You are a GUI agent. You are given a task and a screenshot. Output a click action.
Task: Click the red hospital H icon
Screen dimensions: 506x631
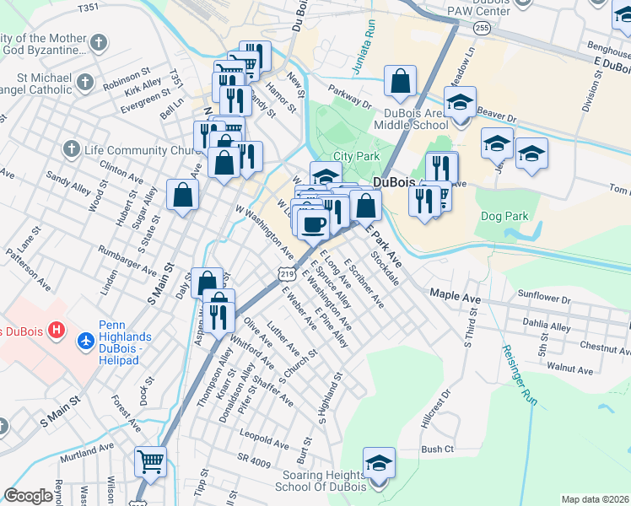pyautogui.click(x=57, y=329)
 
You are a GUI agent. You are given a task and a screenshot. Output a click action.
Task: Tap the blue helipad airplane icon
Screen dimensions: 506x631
pyautogui.click(x=84, y=342)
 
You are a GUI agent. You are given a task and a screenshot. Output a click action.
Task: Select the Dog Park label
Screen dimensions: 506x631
pyautogui.click(x=504, y=216)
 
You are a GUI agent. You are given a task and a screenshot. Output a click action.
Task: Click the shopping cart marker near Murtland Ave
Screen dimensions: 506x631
pyautogui.click(x=151, y=461)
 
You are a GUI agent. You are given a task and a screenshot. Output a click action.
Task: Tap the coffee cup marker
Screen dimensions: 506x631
pyautogui.click(x=314, y=224)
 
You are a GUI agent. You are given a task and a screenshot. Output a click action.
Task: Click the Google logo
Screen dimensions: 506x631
pyautogui.click(x=29, y=496)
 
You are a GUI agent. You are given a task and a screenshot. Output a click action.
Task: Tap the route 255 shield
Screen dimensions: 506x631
pyautogui.click(x=482, y=29)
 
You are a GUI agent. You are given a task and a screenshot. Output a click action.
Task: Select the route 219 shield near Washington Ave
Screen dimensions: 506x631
pyautogui.click(x=287, y=275)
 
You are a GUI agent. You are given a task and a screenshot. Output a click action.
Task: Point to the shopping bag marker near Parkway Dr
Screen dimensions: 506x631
pyautogui.click(x=401, y=81)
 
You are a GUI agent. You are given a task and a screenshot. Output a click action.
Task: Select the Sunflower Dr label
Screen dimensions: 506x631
pyautogui.click(x=544, y=297)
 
